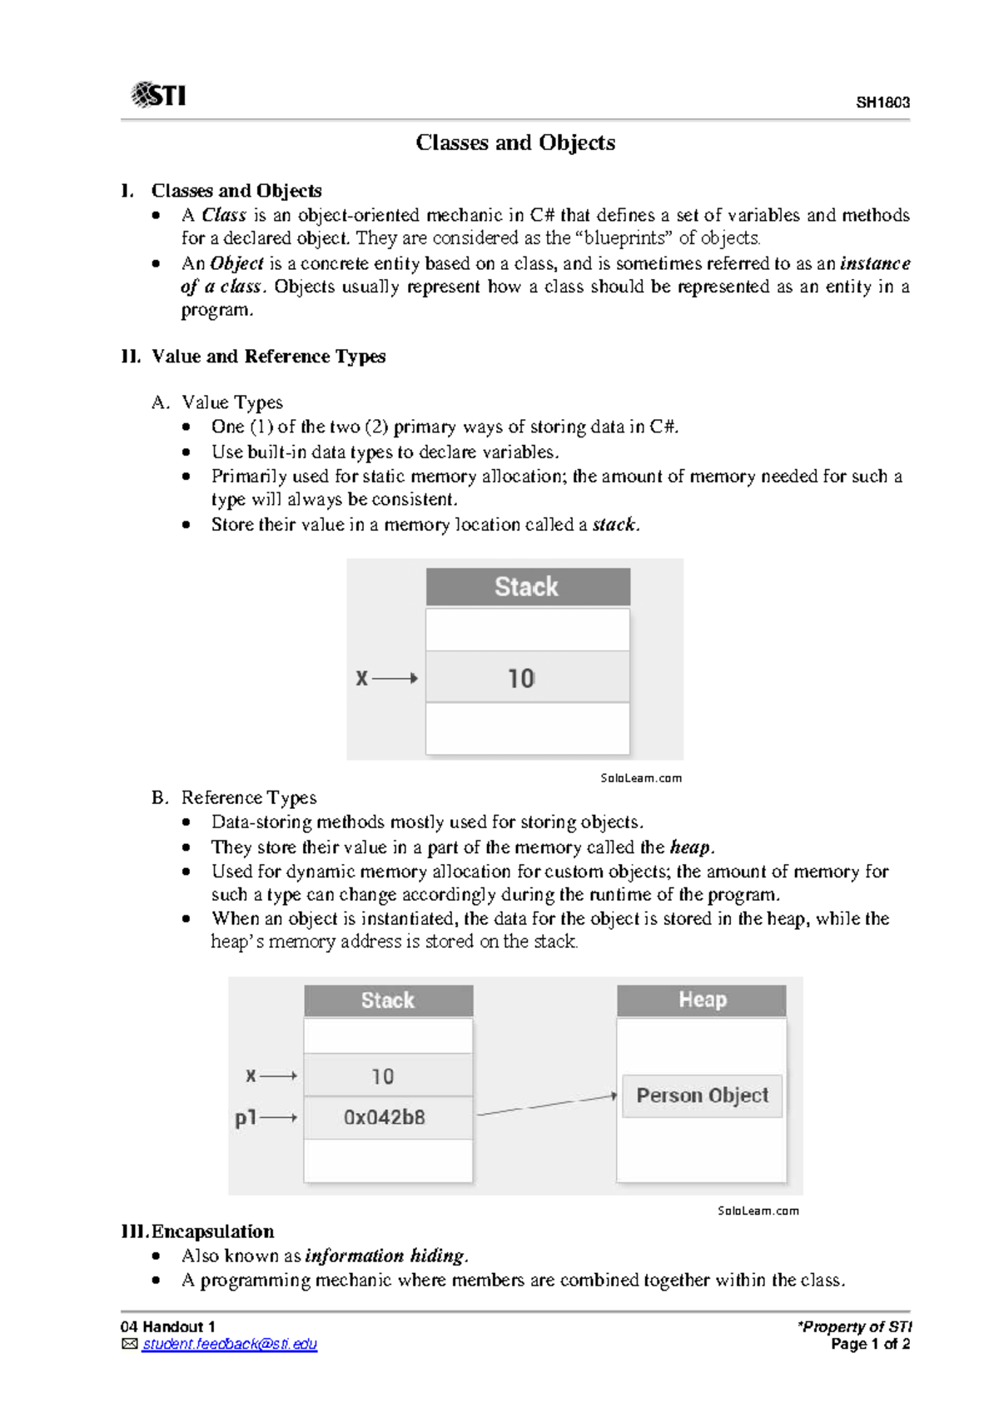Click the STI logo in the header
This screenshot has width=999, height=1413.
[x=158, y=95]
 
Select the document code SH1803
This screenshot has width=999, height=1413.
[x=882, y=102]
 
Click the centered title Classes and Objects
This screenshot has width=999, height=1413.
[x=515, y=142]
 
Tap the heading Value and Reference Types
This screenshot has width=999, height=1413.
[x=268, y=357]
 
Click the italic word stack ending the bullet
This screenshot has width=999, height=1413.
[x=614, y=525]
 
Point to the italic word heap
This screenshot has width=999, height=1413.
[x=690, y=847]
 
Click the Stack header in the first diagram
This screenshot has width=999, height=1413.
[x=528, y=587]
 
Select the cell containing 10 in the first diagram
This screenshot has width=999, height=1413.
[x=528, y=677]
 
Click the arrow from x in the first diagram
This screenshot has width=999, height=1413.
[x=395, y=678]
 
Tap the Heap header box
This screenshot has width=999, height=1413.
[x=702, y=1000]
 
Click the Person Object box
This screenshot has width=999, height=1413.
[x=702, y=1096]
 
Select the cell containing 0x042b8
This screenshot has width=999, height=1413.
[x=388, y=1117]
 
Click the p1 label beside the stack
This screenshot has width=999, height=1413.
[x=246, y=1117]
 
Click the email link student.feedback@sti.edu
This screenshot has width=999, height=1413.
[x=229, y=1344]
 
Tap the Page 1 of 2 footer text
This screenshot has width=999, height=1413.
[x=870, y=1344]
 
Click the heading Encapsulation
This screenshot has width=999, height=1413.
[x=212, y=1231]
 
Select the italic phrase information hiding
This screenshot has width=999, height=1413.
[x=385, y=1256]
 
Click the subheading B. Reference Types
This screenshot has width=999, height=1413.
[x=235, y=797]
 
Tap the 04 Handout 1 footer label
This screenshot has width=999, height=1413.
[x=168, y=1326]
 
